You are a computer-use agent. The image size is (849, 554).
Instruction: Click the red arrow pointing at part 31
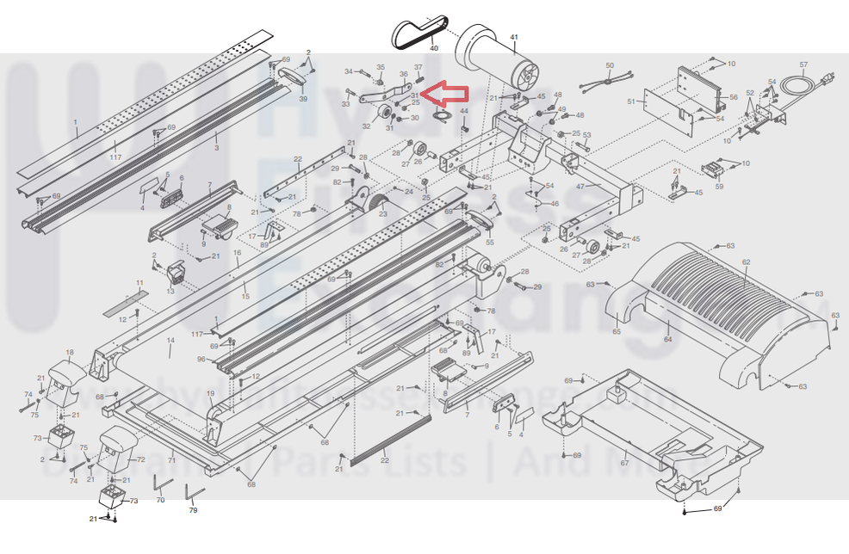tap(446, 94)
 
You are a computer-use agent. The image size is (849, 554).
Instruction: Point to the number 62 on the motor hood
tap(746, 262)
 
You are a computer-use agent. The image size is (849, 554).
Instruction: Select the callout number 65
tap(617, 330)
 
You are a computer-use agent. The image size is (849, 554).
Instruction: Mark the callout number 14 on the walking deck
tap(170, 342)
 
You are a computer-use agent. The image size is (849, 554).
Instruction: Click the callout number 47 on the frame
tap(580, 187)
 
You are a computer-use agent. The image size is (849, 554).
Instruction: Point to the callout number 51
tap(631, 102)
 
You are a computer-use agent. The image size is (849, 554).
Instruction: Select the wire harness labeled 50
tap(610, 81)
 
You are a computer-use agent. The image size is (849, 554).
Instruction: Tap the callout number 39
tap(302, 99)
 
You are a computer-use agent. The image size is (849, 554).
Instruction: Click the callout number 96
tap(201, 360)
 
